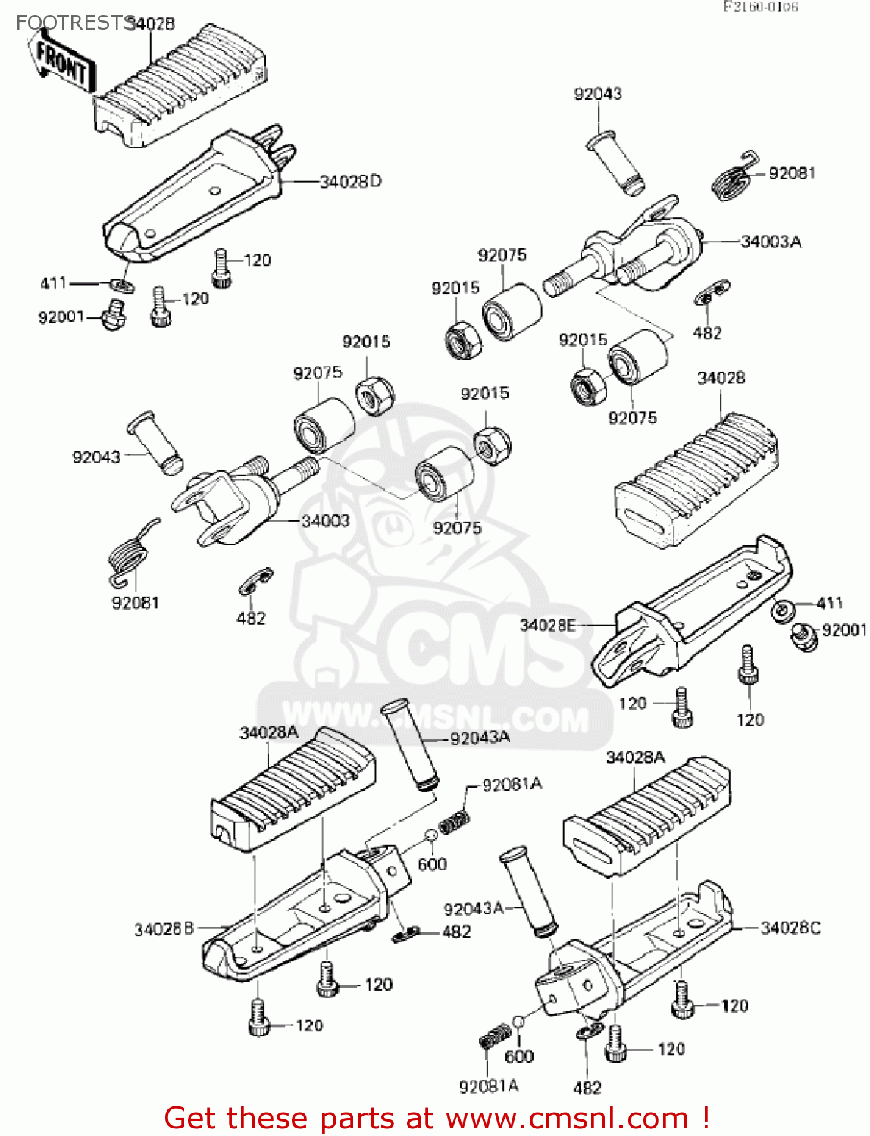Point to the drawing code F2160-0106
(x=760, y=8)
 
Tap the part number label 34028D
(x=350, y=182)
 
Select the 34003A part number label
(x=770, y=242)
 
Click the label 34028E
(x=547, y=625)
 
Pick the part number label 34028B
(x=164, y=928)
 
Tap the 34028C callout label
(x=790, y=928)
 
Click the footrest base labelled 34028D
(x=193, y=201)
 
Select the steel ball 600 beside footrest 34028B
(x=430, y=835)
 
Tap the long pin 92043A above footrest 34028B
(x=409, y=745)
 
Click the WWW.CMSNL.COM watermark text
(x=436, y=716)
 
